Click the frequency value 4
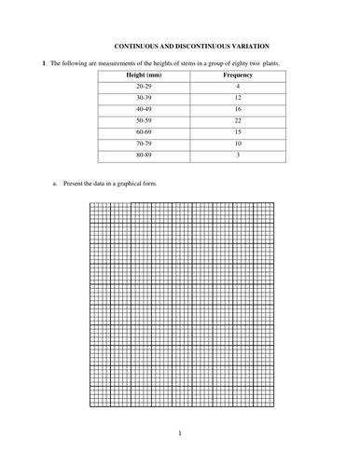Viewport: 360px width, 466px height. pos(239,86)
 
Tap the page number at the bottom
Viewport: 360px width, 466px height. pos(180,433)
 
